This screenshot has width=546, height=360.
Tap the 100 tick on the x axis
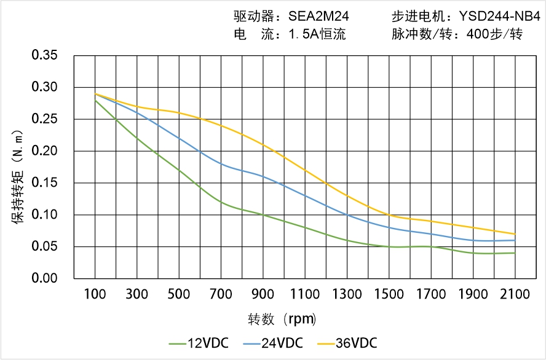pos(95,294)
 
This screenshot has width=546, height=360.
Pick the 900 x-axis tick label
pos(263,294)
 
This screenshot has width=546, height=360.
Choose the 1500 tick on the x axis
pos(389,294)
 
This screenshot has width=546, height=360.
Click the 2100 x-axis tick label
pos(515,294)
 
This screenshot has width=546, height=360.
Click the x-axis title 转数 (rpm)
pos(282,319)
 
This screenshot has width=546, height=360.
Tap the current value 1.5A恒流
pos(317,34)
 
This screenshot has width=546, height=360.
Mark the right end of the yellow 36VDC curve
pos(515,234)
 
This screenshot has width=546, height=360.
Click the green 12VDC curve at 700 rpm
pos(221,202)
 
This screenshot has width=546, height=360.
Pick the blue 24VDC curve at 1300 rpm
pos(347,215)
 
